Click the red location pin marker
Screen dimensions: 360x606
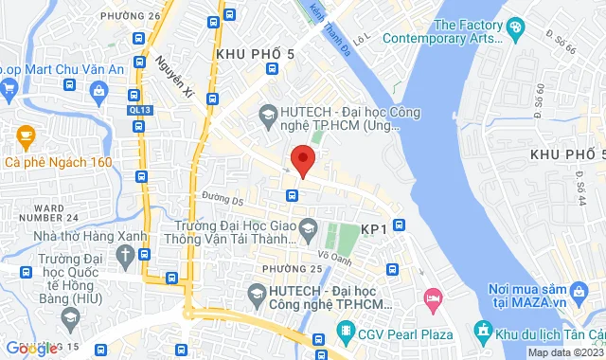(302, 160)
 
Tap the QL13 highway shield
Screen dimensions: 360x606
(140, 109)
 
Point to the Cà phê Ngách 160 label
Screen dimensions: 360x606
(59, 162)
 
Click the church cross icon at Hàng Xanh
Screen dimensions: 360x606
(124, 254)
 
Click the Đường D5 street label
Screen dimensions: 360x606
(223, 200)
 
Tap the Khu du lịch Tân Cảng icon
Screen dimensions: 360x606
(483, 332)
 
